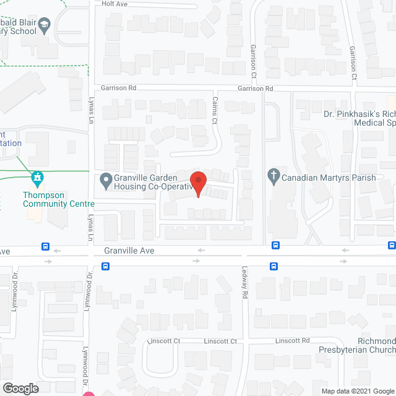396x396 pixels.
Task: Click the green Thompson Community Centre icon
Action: [37, 179]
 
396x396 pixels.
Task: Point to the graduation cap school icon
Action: [45, 25]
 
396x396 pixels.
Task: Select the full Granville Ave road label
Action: [129, 251]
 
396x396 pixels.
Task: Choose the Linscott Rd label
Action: [292, 341]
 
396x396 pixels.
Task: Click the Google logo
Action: [20, 389]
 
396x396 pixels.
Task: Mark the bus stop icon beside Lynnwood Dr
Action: [106, 267]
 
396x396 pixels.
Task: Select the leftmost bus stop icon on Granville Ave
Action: [46, 246]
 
